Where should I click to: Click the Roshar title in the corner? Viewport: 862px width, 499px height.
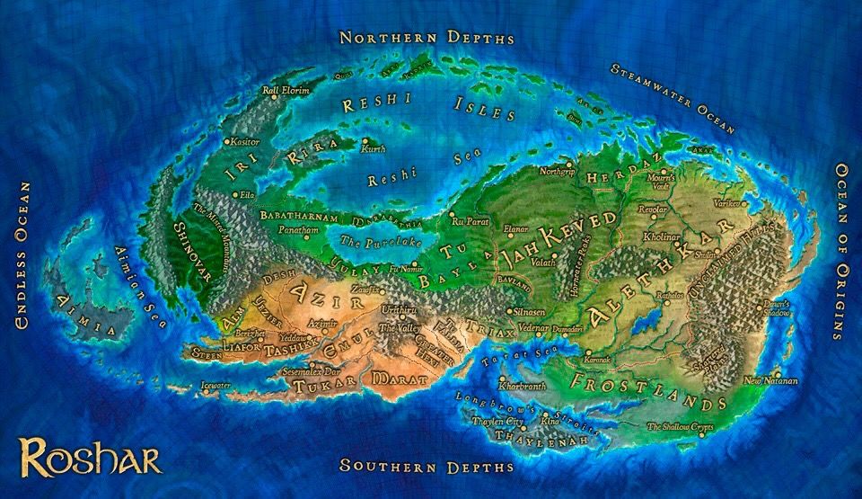(x=90, y=456)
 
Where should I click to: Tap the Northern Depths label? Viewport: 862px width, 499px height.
(x=427, y=38)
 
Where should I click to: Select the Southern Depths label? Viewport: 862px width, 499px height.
(x=427, y=466)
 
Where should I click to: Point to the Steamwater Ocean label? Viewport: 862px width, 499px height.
(x=673, y=99)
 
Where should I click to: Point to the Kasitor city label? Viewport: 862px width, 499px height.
(x=244, y=142)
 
